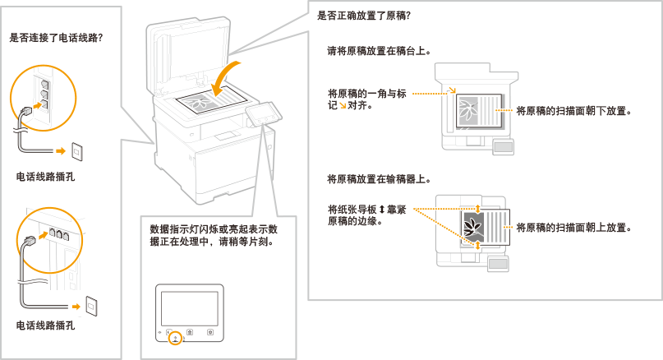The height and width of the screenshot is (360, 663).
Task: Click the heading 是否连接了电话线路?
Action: pos(56,38)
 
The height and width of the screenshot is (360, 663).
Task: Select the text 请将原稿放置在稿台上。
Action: pos(380,51)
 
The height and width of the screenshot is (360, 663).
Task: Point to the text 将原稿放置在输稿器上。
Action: pos(380,178)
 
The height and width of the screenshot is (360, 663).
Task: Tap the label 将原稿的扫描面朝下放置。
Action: pos(573,110)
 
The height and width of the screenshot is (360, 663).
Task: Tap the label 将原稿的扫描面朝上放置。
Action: pos(573,228)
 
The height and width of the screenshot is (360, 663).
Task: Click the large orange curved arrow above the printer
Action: pos(226,76)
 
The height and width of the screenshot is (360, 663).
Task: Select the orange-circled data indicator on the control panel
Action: pos(173,337)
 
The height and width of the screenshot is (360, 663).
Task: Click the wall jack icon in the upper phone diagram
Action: pos(78,150)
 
